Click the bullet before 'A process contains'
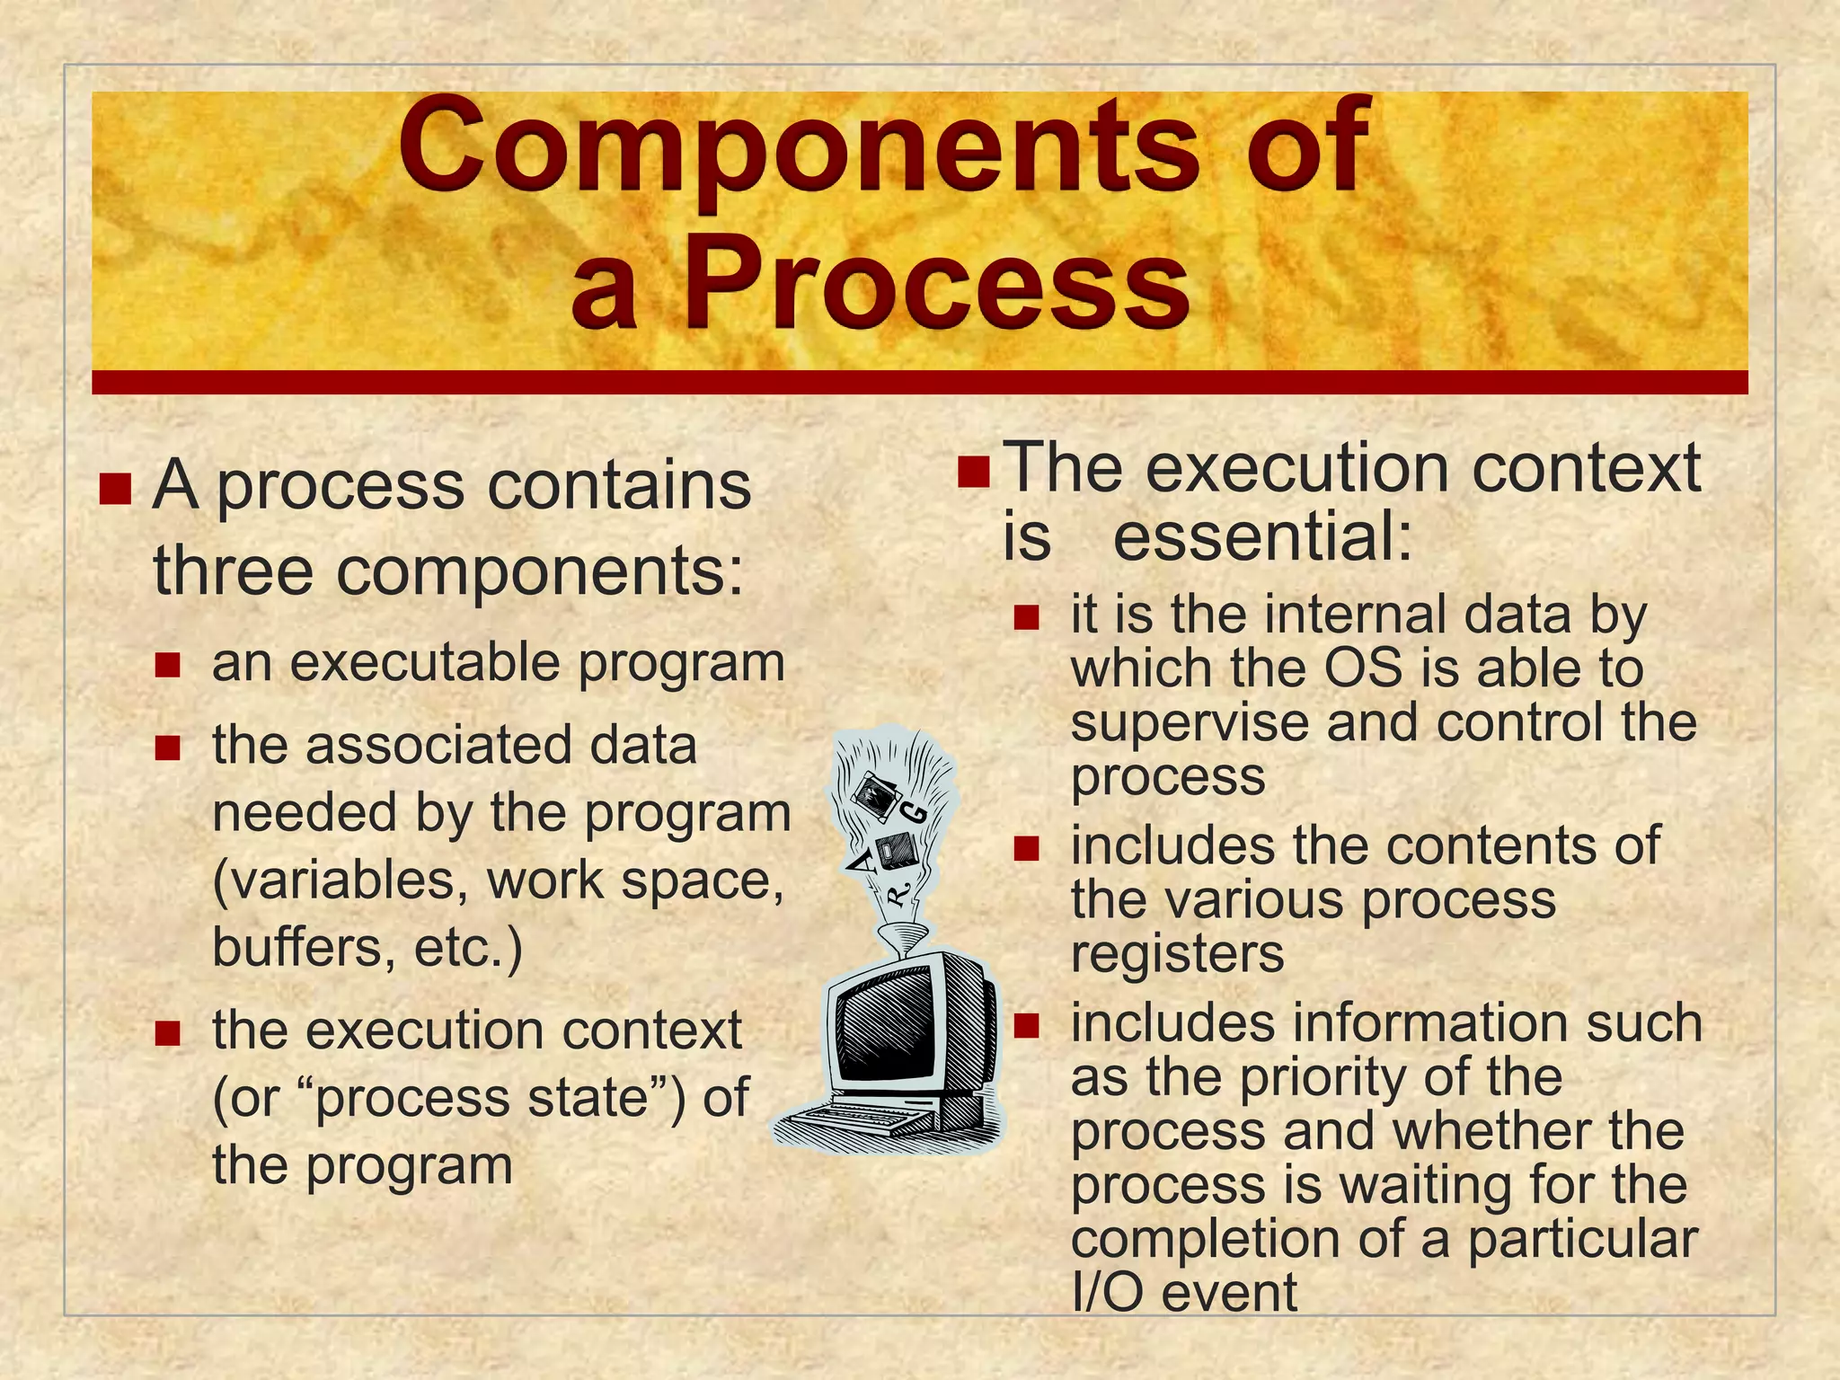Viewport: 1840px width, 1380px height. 116,490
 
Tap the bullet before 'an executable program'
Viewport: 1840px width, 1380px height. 167,666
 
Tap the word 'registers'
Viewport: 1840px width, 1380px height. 1177,954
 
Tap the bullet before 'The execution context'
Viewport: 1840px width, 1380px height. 974,471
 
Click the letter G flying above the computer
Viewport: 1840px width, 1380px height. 915,814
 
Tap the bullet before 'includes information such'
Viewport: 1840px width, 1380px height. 1026,1025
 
